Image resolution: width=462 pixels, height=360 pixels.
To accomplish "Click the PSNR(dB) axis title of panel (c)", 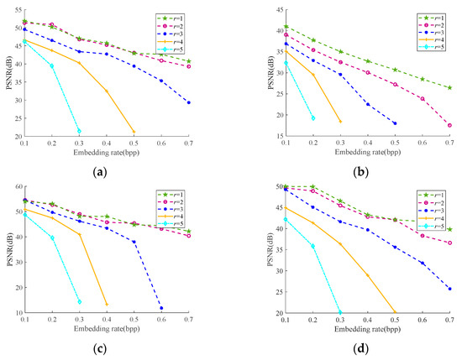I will point(6,252).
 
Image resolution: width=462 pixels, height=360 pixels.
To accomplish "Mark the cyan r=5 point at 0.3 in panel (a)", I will point(79,131).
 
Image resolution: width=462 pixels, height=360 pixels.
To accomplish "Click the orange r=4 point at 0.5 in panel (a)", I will point(134,131).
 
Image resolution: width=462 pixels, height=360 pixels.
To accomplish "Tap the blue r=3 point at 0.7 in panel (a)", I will point(188,102).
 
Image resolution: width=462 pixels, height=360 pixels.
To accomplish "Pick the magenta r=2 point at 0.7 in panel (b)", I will point(449,125).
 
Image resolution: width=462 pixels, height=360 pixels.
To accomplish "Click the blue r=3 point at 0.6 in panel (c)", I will point(161,308).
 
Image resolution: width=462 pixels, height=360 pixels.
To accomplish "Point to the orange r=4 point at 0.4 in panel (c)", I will point(107,304).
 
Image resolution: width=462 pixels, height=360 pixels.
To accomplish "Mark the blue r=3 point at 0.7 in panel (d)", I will point(449,289).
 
